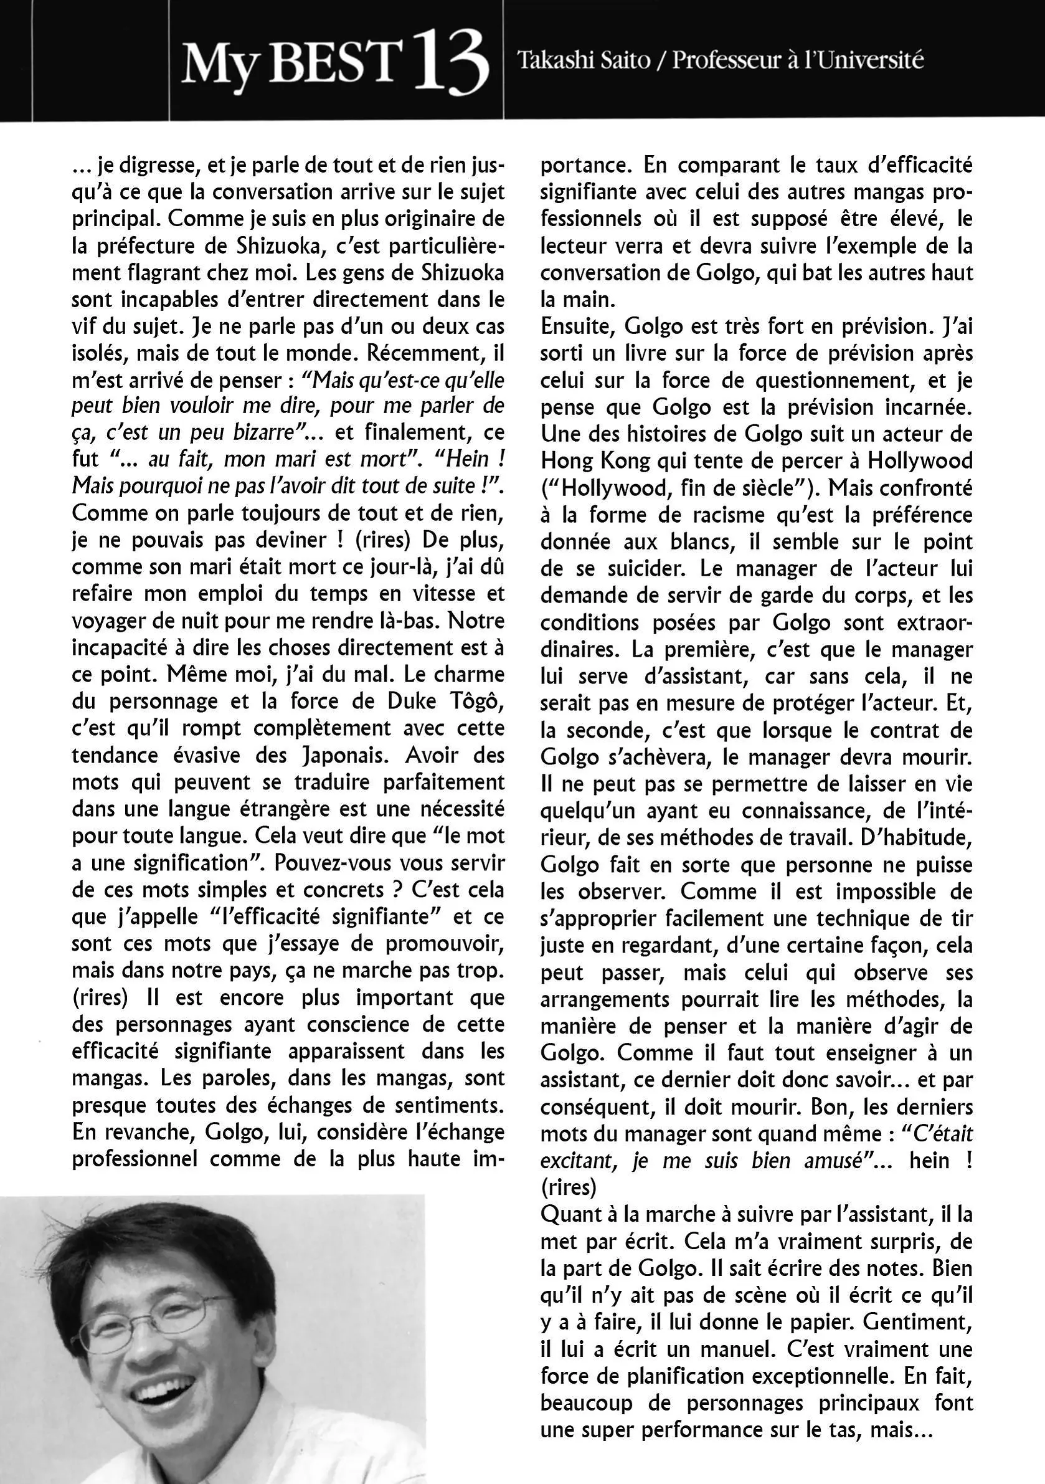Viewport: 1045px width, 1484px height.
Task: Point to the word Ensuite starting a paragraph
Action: coord(577,326)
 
